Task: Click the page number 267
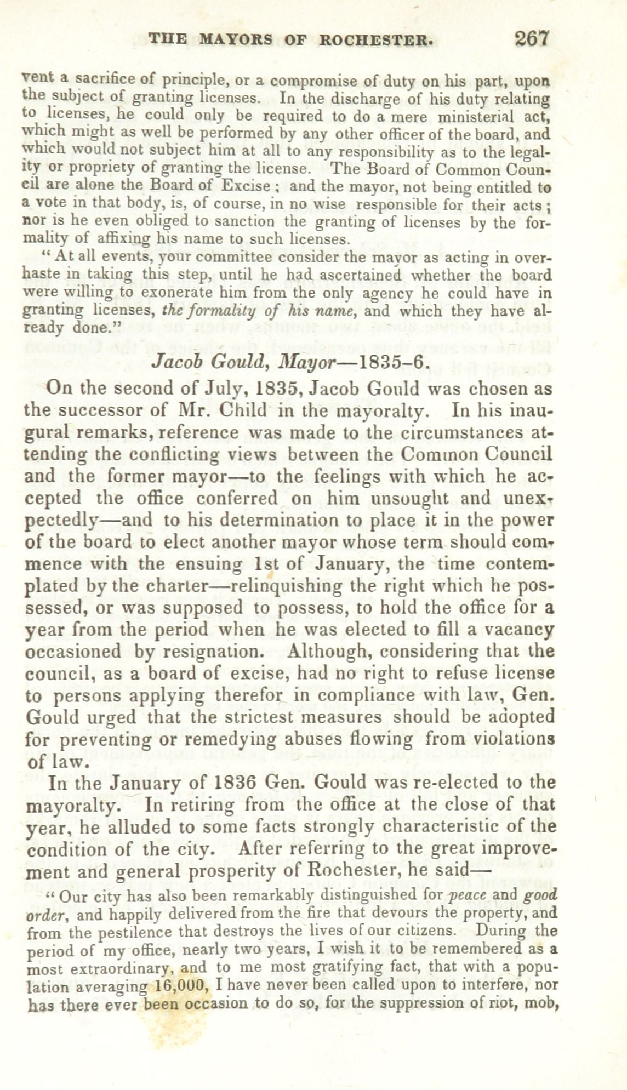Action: click(531, 39)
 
